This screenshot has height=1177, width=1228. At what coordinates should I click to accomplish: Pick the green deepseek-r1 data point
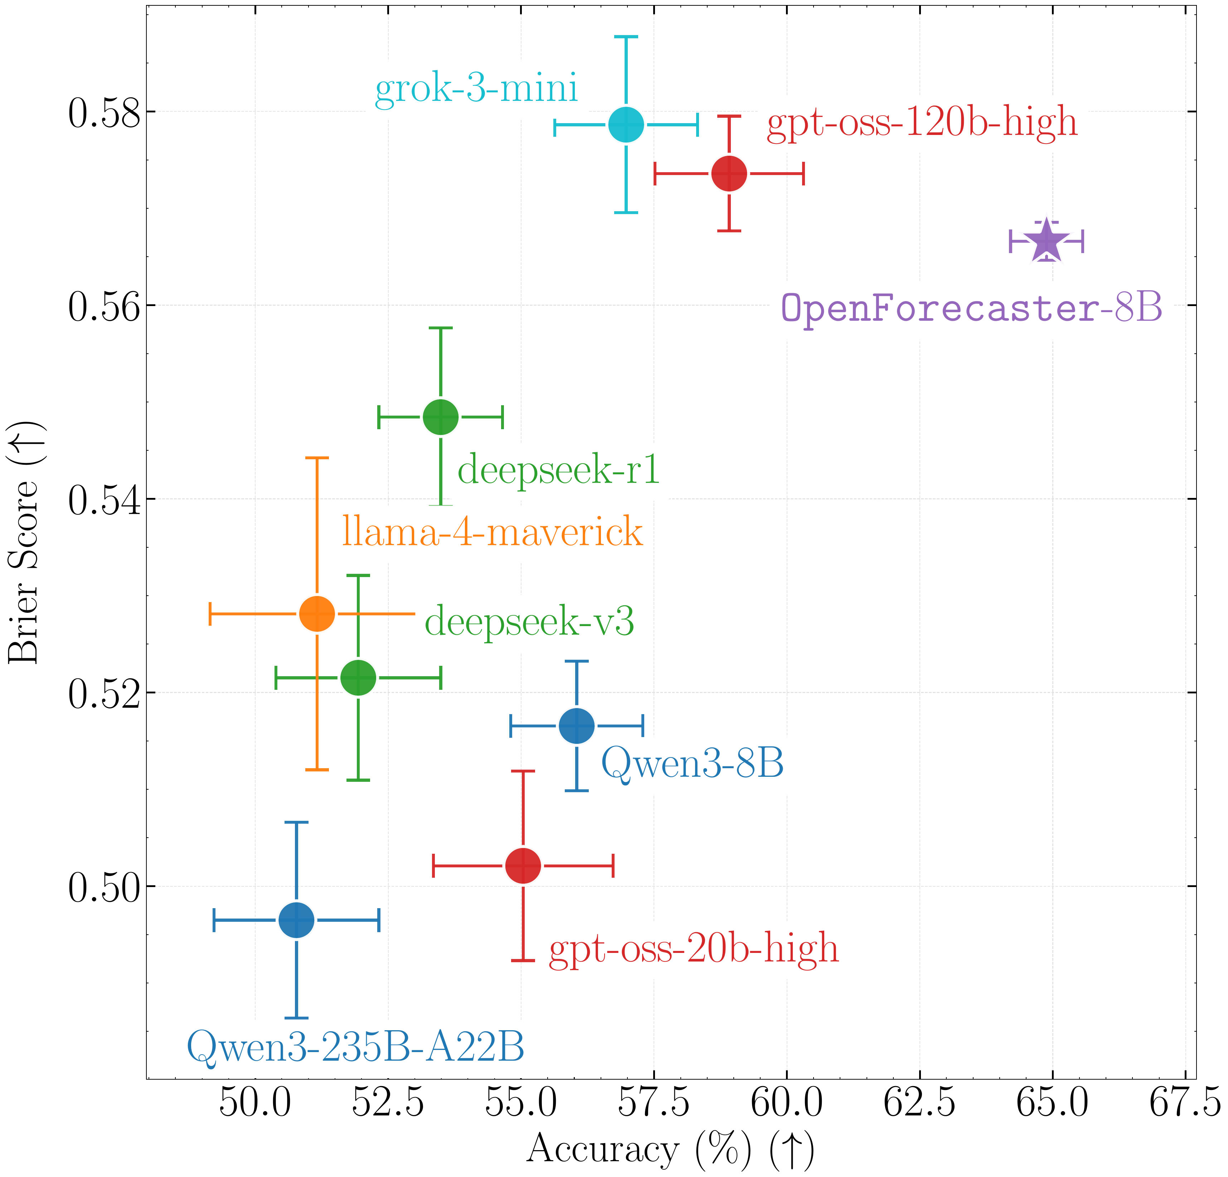pos(441,416)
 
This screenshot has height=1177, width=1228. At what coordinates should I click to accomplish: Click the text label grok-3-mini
pos(476,88)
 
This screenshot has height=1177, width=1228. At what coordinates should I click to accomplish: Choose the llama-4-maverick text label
pos(492,532)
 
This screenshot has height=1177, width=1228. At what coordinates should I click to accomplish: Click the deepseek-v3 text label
pos(529,621)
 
